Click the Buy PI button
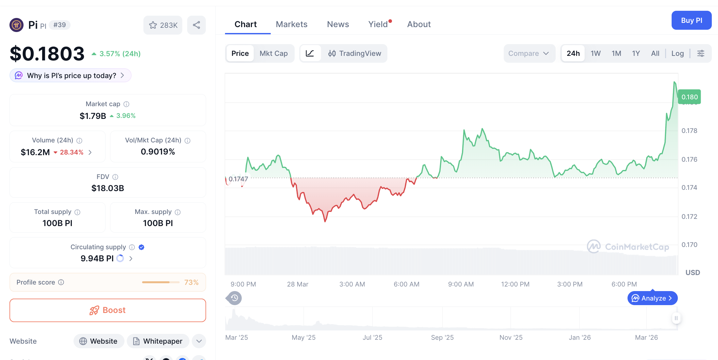pyautogui.click(x=691, y=20)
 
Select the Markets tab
pyautogui.click(x=291, y=24)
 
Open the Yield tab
pyautogui.click(x=378, y=24)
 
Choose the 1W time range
pyautogui.click(x=595, y=53)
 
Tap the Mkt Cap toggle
pyautogui.click(x=273, y=53)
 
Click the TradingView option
pyautogui.click(x=355, y=53)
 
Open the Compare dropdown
pyautogui.click(x=529, y=53)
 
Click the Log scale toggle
pyautogui.click(x=677, y=53)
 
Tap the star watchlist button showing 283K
pyautogui.click(x=163, y=25)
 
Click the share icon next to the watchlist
pyautogui.click(x=196, y=25)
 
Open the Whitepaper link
pyautogui.click(x=158, y=341)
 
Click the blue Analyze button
pyautogui.click(x=652, y=298)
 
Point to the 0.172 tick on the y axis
pyautogui.click(x=689, y=217)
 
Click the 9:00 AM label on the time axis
pyautogui.click(x=461, y=284)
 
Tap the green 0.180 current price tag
pyautogui.click(x=689, y=97)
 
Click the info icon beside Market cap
pyautogui.click(x=126, y=104)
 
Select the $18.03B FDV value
pyautogui.click(x=107, y=188)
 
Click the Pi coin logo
pyautogui.click(x=16, y=25)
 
